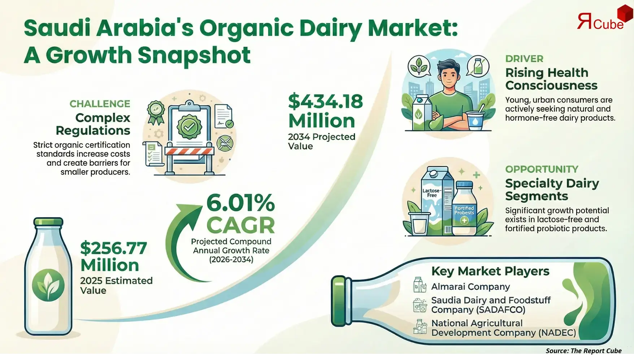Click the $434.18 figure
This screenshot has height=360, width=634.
325,101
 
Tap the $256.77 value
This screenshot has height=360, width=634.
113,248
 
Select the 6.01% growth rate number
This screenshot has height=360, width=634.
240,203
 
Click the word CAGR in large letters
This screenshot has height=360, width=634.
240,225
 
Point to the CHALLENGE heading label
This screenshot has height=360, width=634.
100,104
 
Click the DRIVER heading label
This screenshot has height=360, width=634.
524,59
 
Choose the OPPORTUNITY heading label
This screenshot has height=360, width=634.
542,169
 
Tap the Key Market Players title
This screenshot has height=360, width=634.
490,271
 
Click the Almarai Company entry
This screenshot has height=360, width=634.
470,287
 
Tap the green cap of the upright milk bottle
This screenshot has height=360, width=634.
48,222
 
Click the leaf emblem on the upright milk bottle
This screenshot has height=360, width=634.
48,286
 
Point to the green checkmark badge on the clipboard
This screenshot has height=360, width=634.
189,126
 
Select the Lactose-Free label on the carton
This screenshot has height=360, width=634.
432,193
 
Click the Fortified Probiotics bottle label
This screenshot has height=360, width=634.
464,211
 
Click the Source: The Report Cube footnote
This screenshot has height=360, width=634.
583,351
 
